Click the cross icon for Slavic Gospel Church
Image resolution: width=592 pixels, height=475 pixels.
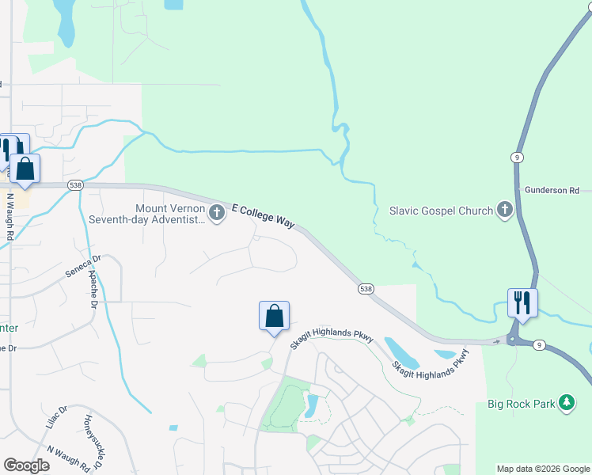pyautogui.click(x=504, y=211)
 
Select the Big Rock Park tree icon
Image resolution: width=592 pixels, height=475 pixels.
pyautogui.click(x=566, y=403)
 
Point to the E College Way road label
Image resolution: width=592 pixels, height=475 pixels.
pyautogui.click(x=263, y=215)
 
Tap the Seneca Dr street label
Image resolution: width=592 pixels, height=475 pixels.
pyautogui.click(x=85, y=267)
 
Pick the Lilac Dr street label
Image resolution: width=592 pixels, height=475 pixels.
pyautogui.click(x=56, y=418)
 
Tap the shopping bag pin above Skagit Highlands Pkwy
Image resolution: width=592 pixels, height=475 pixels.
pyautogui.click(x=274, y=316)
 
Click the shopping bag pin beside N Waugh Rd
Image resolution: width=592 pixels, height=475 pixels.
pyautogui.click(x=25, y=169)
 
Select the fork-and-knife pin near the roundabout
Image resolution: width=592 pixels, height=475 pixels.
pyautogui.click(x=522, y=302)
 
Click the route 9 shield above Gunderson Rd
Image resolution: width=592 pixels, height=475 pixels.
pyautogui.click(x=515, y=157)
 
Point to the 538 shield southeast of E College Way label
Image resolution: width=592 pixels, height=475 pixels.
pyautogui.click(x=365, y=290)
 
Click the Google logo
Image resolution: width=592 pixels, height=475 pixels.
pyautogui.click(x=27, y=465)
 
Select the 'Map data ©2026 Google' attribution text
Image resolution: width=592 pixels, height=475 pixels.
pyautogui.click(x=543, y=469)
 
